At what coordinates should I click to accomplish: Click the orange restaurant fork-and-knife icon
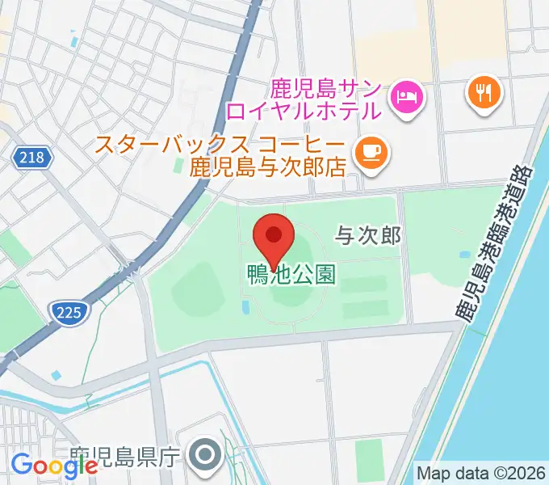coord(484,94)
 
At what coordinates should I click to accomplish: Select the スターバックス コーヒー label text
coord(220,146)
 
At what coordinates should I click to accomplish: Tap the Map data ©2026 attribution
coord(481,472)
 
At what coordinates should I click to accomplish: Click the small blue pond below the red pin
coord(245,307)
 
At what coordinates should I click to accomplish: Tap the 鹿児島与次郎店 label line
coord(266,168)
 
